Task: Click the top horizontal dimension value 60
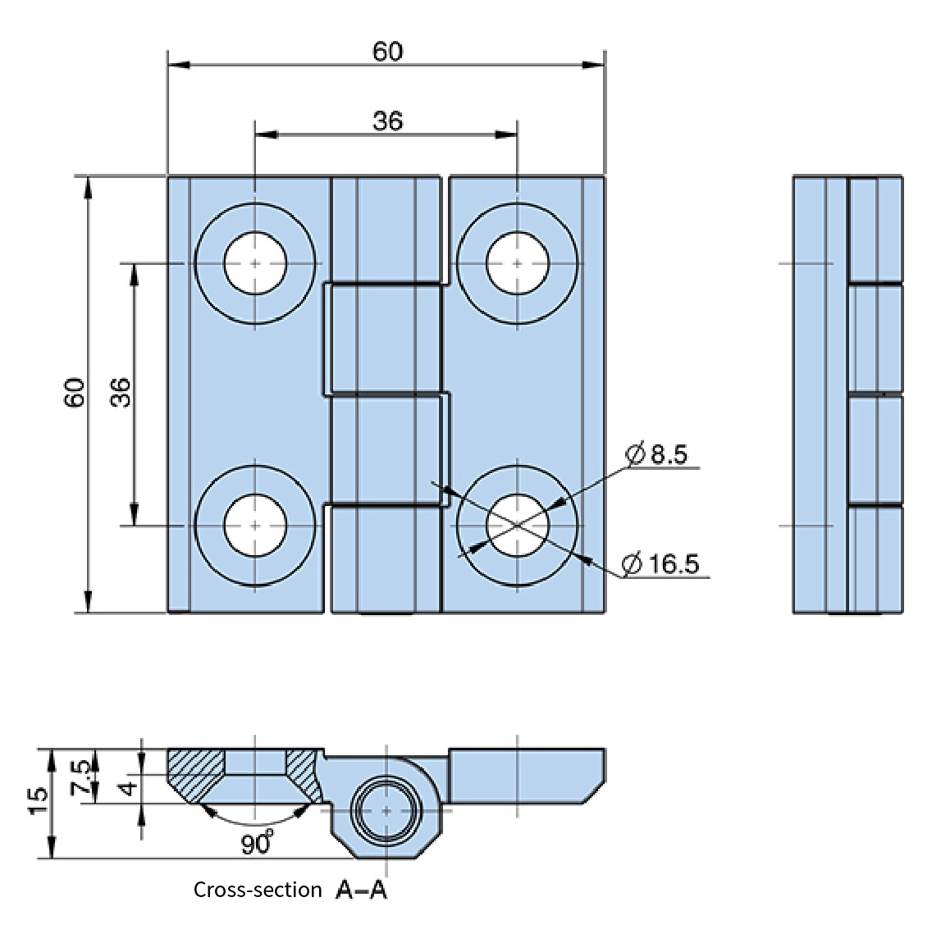pos(387,52)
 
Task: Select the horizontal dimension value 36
pos(387,121)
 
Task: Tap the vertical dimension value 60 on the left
pos(75,393)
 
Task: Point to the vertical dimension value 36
pos(121,393)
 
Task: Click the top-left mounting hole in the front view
pos(255,263)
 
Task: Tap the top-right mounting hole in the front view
pos(517,263)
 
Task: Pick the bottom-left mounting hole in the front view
pos(255,525)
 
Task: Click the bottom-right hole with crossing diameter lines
pos(517,525)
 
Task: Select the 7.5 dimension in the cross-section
pos(81,777)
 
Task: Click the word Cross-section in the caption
pos(258,891)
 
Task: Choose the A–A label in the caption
pos(361,891)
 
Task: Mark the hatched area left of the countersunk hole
pos(195,770)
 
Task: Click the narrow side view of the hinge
pos(847,394)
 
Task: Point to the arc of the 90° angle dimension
pos(256,822)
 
